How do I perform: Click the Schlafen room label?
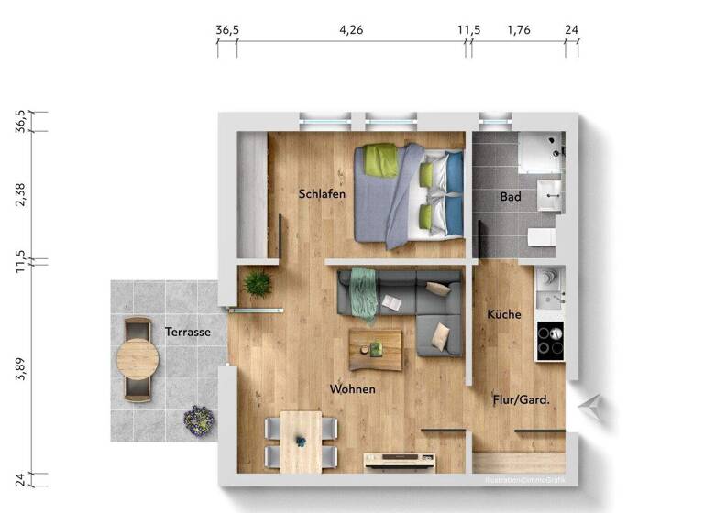tap(321, 193)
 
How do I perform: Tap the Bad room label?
tap(511, 197)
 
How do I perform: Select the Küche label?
tap(504, 314)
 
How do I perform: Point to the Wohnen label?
tap(353, 388)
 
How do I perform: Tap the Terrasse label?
tap(188, 332)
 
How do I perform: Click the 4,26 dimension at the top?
tap(351, 29)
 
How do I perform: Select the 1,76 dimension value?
tap(519, 29)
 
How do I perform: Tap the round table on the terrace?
tap(137, 359)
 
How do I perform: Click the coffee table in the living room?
tap(375, 349)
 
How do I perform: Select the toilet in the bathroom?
tap(543, 239)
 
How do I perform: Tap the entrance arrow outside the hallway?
tap(594, 406)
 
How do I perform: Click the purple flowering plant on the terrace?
tap(198, 420)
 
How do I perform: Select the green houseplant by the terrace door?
tap(257, 284)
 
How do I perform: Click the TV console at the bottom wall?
tap(401, 461)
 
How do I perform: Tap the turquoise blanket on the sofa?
tap(363, 293)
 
